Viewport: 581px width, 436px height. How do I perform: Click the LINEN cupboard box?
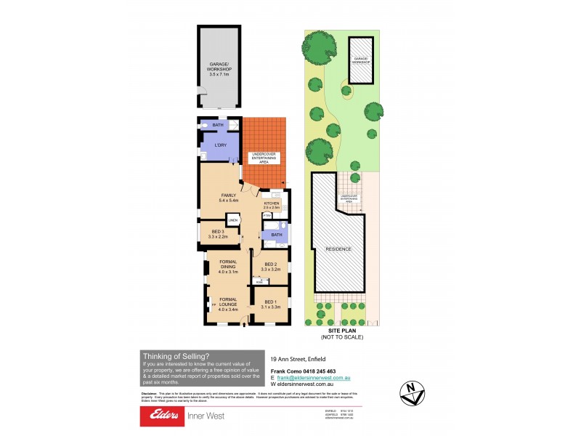coord(233,221)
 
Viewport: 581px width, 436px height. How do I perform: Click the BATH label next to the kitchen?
coord(276,235)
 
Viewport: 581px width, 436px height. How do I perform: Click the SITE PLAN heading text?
coord(341,331)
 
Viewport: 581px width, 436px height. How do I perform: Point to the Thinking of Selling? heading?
coord(176,356)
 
